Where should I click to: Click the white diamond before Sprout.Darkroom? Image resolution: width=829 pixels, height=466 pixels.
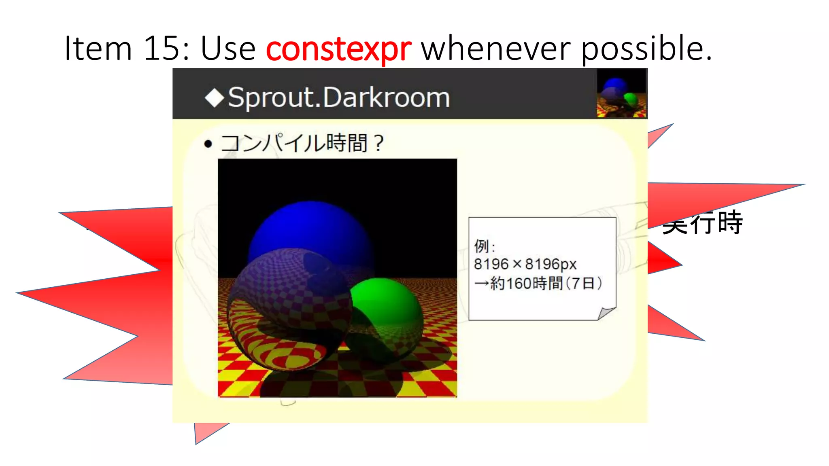click(215, 98)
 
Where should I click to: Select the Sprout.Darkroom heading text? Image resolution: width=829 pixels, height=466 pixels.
click(339, 98)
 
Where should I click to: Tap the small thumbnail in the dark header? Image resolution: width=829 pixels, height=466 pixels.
click(621, 93)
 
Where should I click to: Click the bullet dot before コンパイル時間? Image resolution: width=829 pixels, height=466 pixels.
click(208, 144)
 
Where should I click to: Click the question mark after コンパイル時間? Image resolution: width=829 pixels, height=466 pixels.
click(378, 143)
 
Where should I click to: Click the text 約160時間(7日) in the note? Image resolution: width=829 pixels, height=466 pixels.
click(546, 284)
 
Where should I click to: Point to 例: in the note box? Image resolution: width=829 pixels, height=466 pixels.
click(484, 246)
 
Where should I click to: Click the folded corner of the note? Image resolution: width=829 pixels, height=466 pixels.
click(606, 313)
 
